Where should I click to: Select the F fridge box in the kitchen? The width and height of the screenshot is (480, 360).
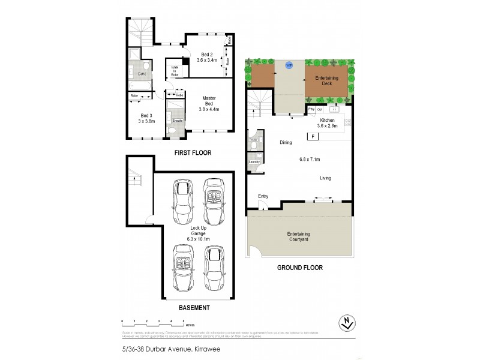(312, 137)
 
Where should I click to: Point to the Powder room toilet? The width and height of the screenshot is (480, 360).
(253, 145)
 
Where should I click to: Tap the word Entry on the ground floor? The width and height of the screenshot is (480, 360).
(263, 196)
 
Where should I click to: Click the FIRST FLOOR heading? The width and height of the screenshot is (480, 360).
(193, 153)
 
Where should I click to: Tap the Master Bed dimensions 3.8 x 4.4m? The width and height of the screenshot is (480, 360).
(209, 109)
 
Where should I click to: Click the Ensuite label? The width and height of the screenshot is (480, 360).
(178, 121)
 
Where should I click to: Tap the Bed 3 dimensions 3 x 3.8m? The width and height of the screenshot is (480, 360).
(146, 120)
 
